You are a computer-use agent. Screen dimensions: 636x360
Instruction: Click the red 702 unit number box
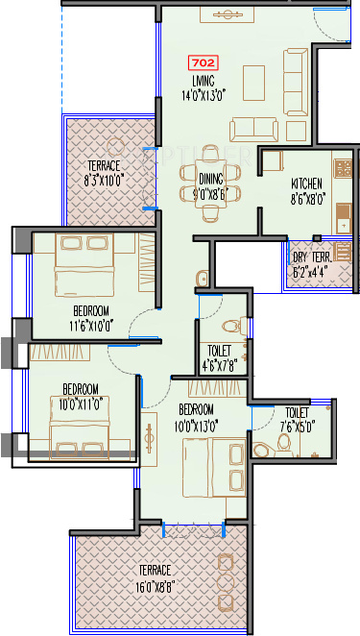pos(204,63)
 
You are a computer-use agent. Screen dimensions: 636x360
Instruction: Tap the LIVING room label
pos(203,80)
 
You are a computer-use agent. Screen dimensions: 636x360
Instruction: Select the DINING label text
pos(211,179)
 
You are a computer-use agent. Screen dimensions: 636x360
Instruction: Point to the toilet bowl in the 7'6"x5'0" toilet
pos(282,442)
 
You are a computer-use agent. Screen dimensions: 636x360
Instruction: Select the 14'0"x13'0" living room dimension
pos(203,94)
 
